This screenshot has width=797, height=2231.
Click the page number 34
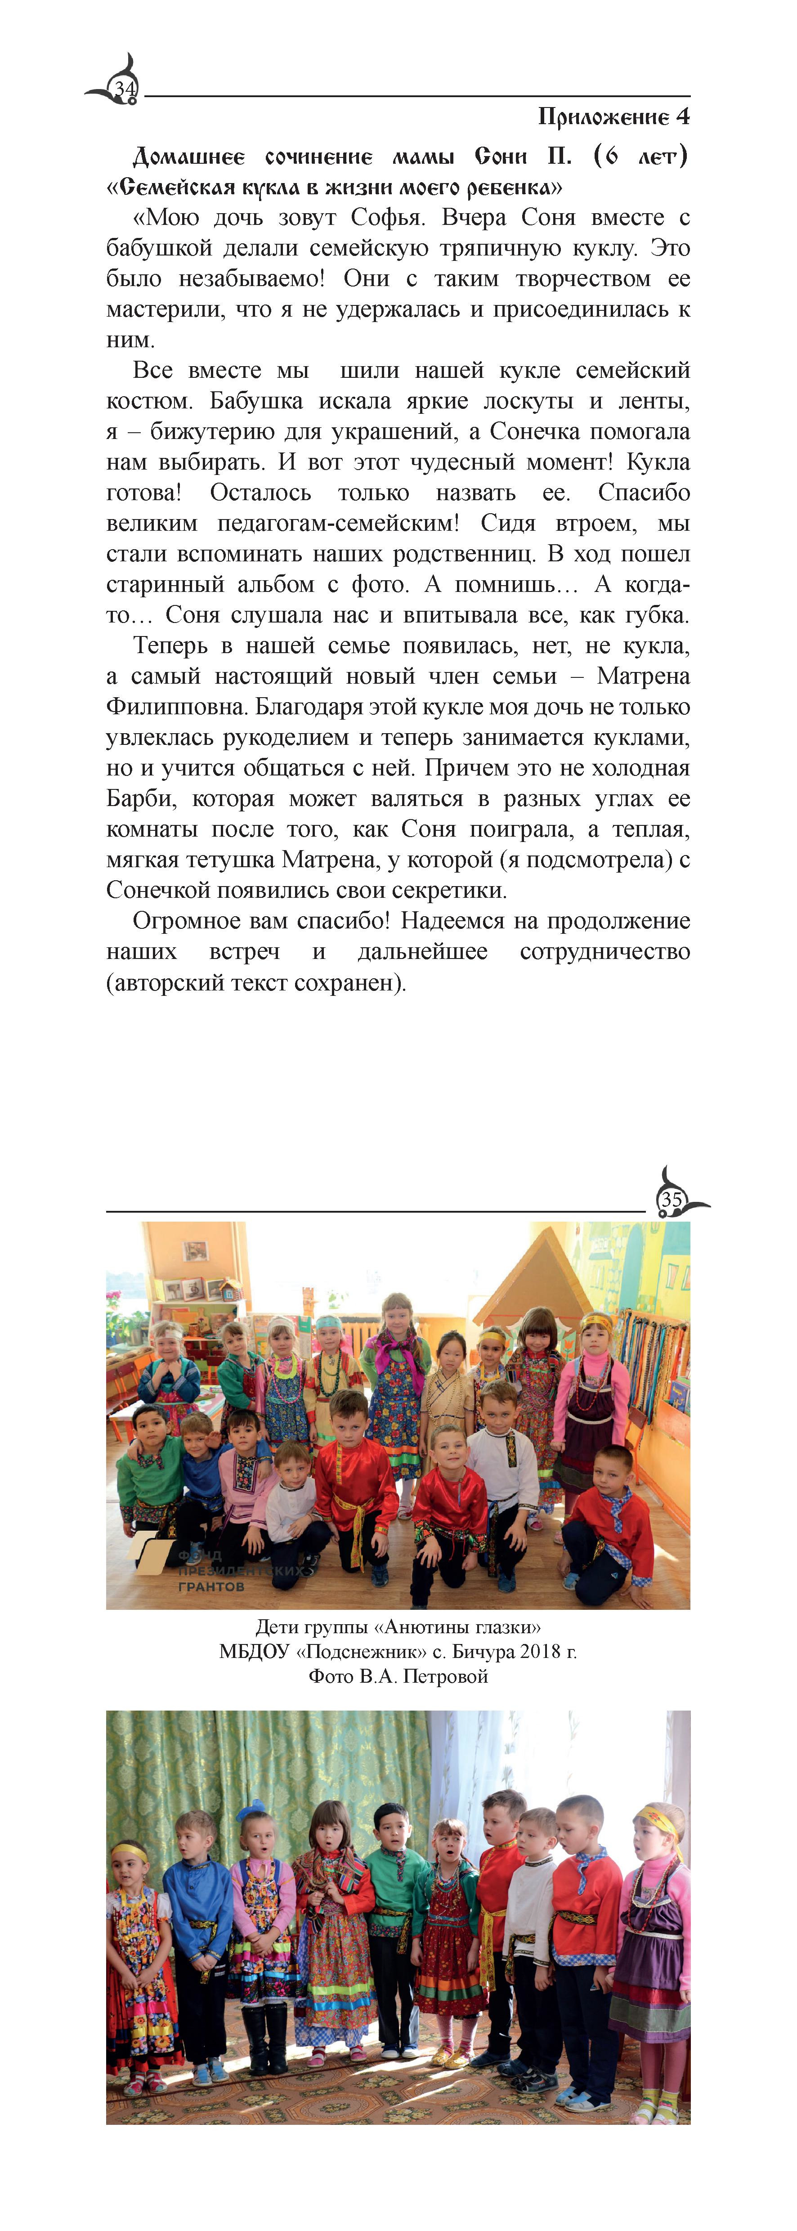125,89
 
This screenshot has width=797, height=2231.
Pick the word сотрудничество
604,952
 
